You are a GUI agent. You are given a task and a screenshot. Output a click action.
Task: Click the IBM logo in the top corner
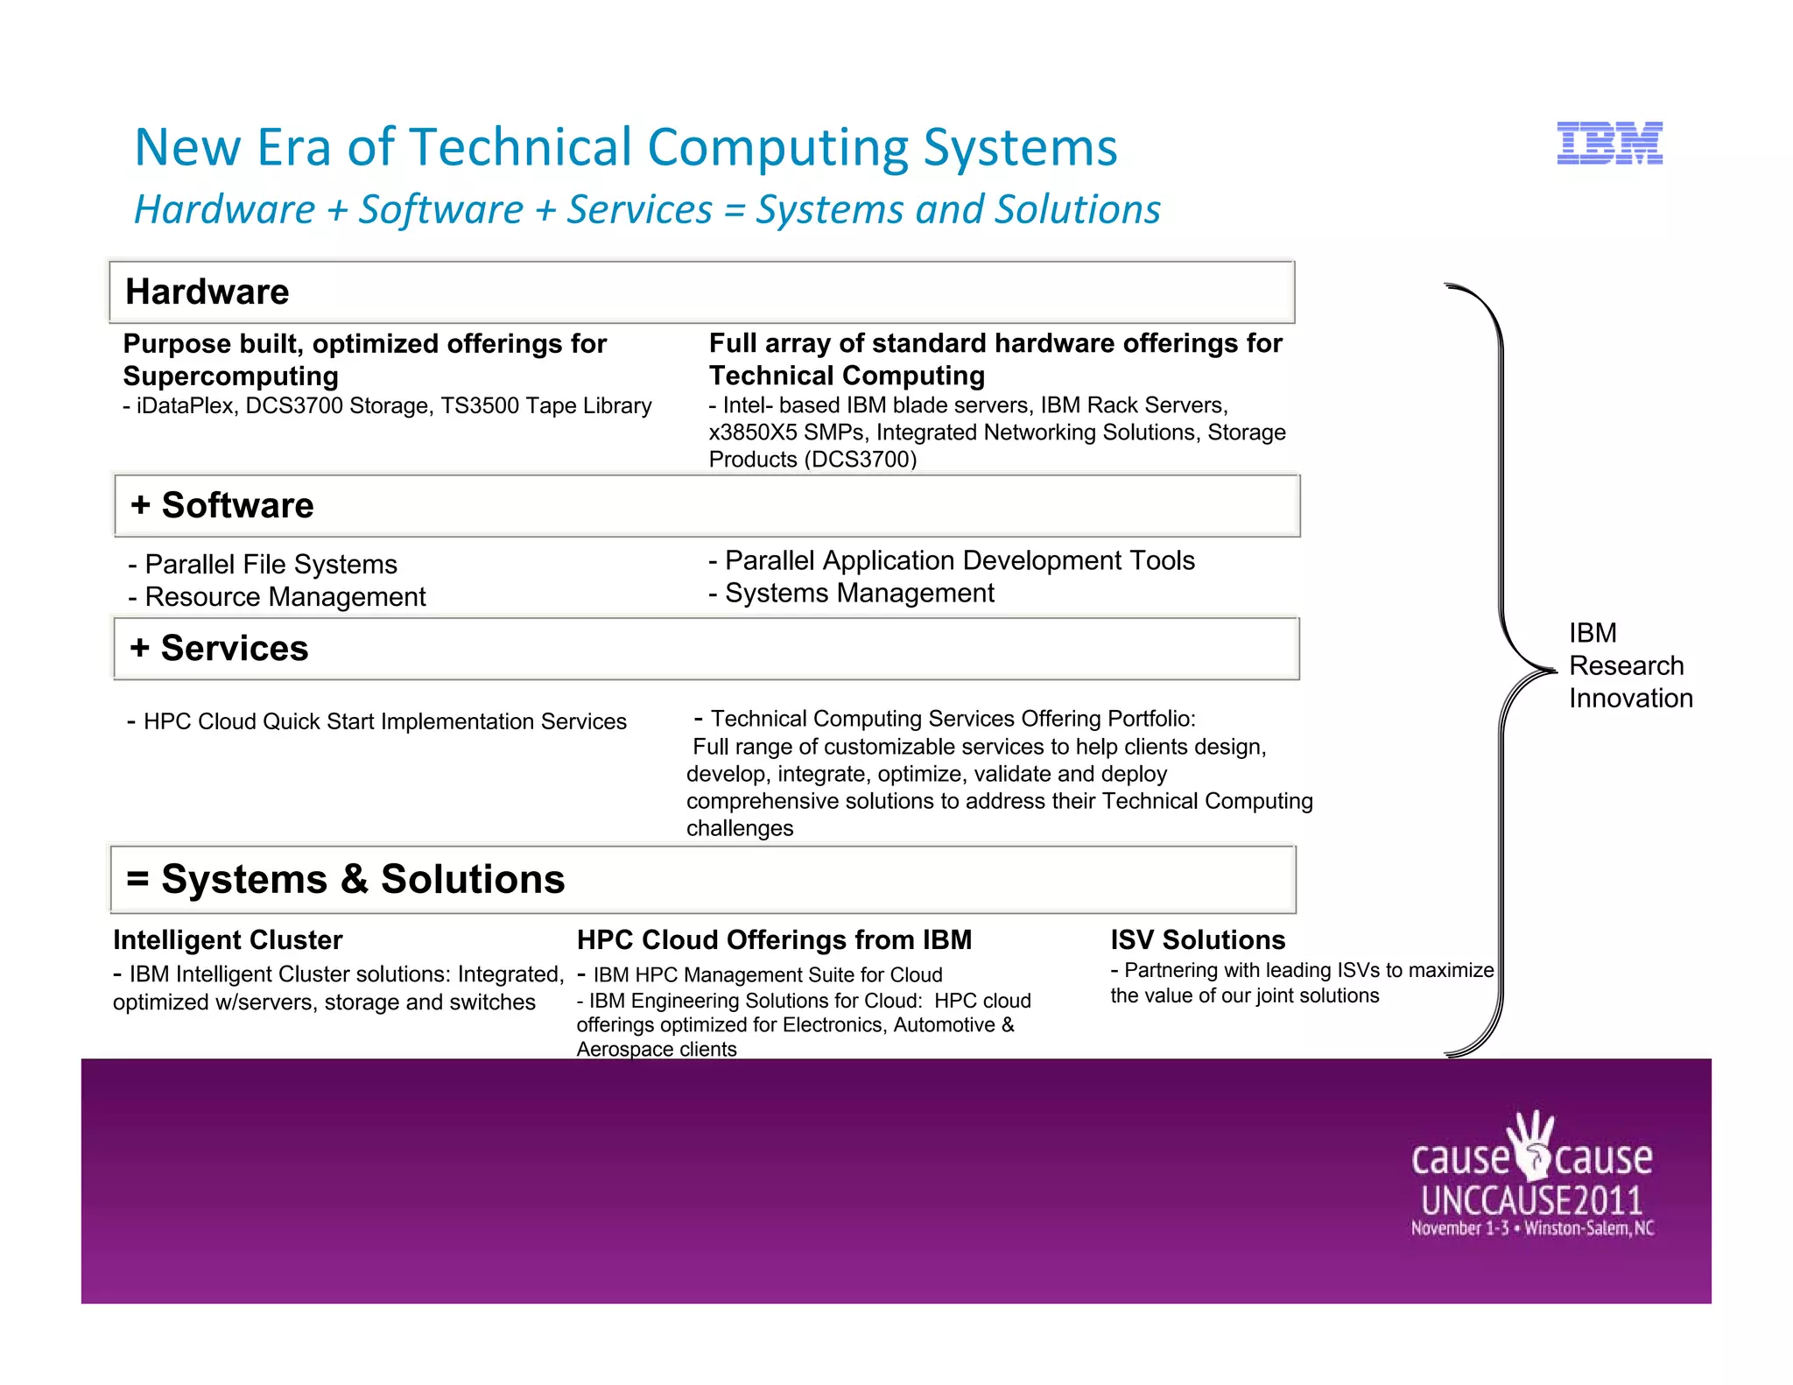(x=1609, y=144)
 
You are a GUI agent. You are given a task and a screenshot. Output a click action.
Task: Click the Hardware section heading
(x=207, y=292)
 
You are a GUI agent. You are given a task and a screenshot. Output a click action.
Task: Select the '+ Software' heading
(x=222, y=505)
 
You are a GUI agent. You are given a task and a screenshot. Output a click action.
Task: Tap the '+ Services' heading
(x=219, y=648)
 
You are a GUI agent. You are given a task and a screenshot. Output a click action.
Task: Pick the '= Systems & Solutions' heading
(x=346, y=879)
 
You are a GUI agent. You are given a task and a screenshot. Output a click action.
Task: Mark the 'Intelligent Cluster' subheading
(x=228, y=940)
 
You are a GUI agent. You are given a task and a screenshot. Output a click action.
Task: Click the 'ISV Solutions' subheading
(x=1198, y=940)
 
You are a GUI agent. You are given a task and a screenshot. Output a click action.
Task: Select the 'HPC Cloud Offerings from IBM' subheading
(x=774, y=940)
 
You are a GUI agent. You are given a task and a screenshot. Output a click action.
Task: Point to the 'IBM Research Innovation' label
(x=1630, y=665)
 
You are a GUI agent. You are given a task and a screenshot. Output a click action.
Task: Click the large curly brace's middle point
(x=1550, y=671)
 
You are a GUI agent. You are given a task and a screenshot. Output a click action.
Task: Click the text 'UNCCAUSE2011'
(x=1531, y=1199)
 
